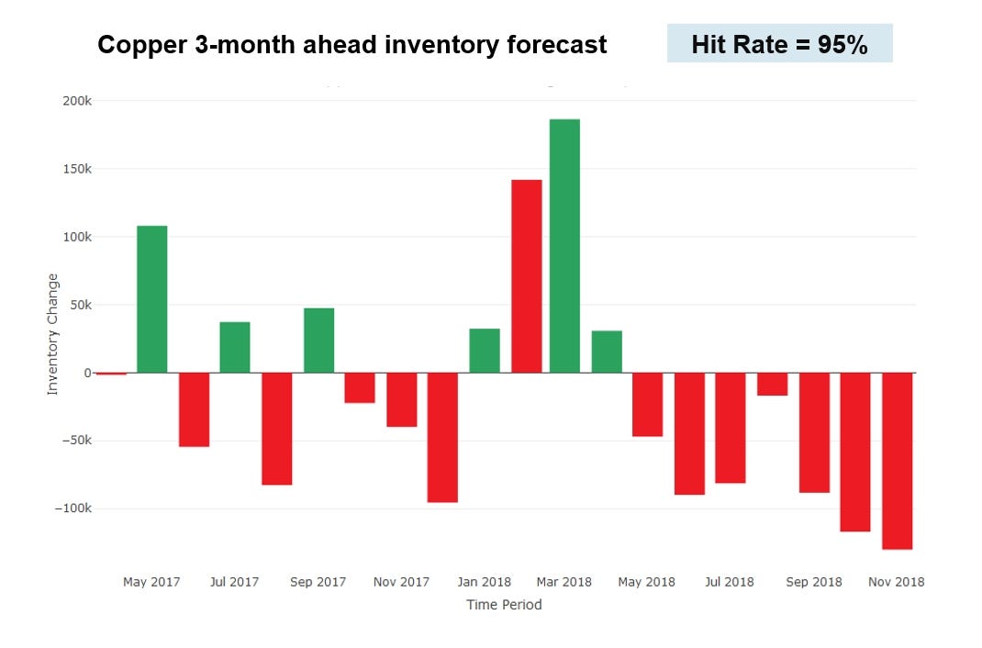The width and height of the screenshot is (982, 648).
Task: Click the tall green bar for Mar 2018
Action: [x=564, y=246]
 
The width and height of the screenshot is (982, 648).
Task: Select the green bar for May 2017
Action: [x=152, y=299]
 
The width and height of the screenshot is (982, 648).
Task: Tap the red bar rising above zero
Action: [x=527, y=276]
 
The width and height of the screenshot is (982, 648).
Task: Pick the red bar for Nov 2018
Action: [x=897, y=461]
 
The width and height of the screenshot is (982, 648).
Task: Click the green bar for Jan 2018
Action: [x=485, y=351]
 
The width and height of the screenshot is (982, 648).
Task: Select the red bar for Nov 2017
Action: [x=401, y=399]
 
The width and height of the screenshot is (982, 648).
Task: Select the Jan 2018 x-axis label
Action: [x=484, y=582]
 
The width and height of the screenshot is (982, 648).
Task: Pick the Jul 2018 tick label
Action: [x=729, y=582]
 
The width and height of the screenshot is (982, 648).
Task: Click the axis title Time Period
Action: [x=504, y=605]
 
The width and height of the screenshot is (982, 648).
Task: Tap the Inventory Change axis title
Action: [x=52, y=334]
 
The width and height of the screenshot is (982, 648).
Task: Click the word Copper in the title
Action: [x=137, y=45]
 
